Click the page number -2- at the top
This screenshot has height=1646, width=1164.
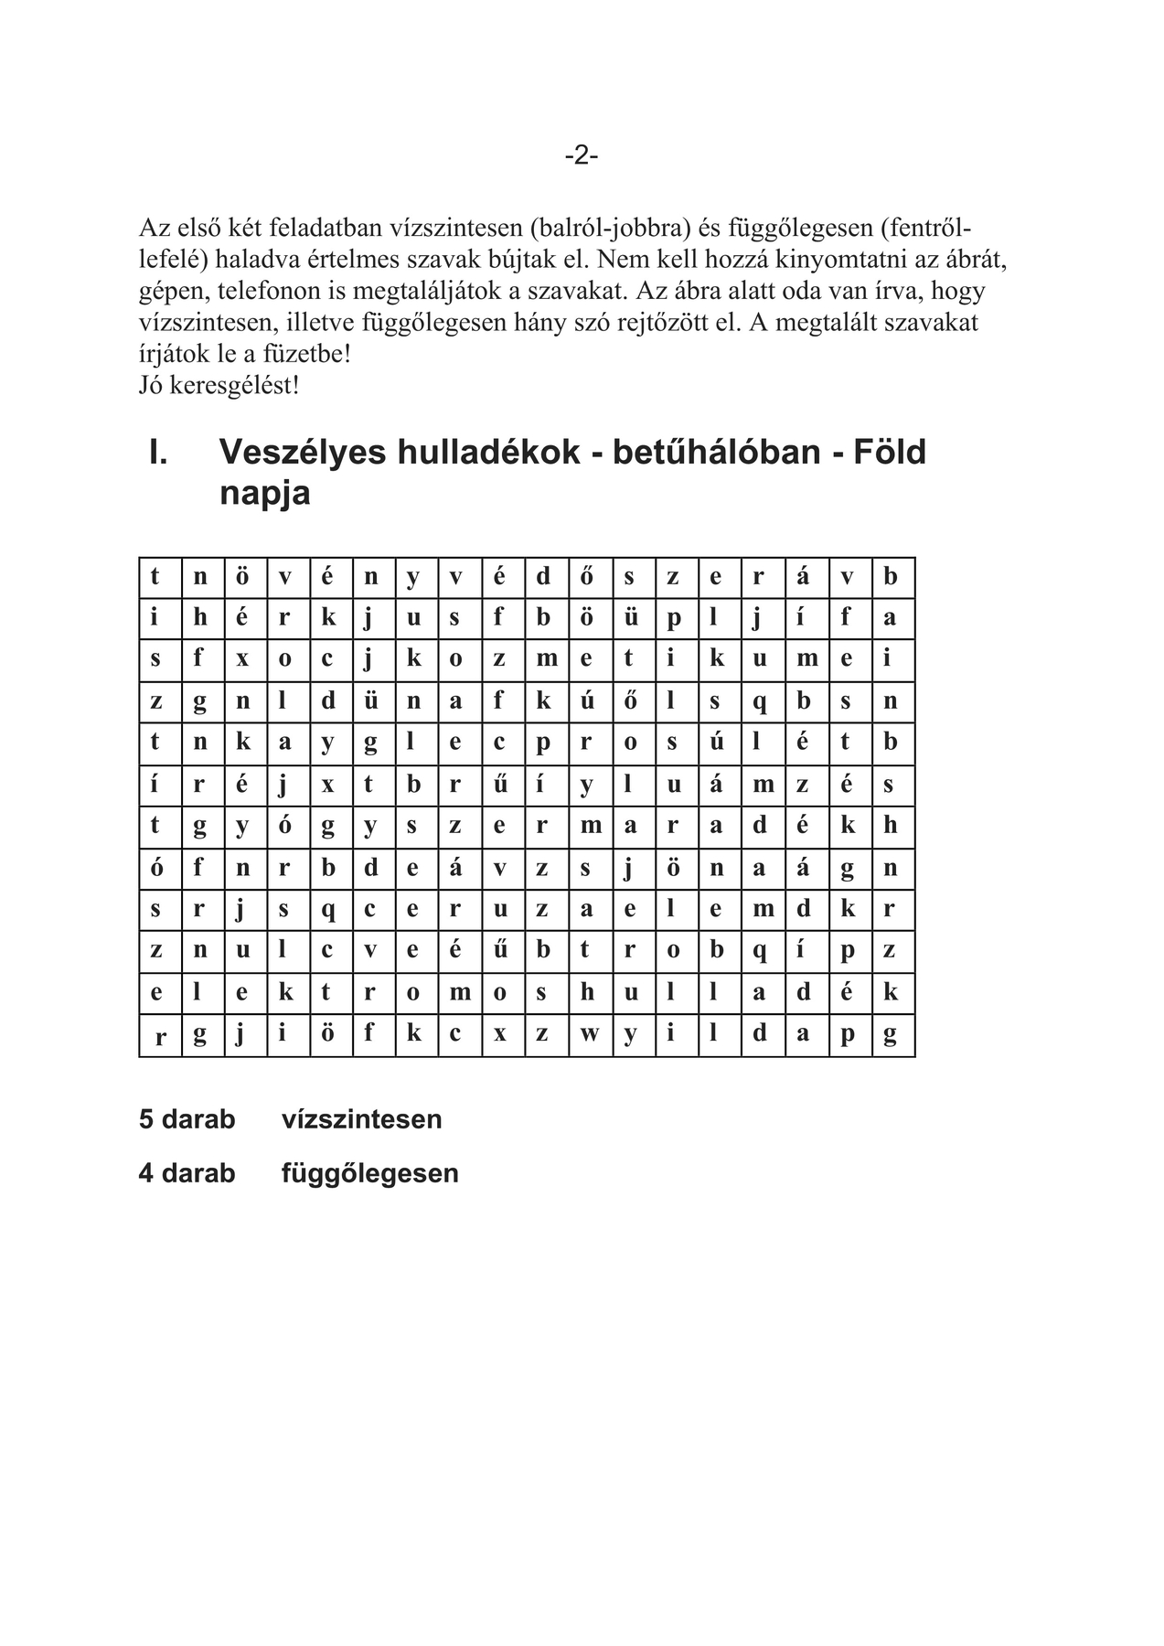[582, 155]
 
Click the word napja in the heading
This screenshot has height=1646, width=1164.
[265, 493]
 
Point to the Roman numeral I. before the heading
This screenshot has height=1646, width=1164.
[158, 452]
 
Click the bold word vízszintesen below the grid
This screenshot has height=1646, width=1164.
[361, 1119]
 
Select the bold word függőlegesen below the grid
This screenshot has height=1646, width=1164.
[369, 1173]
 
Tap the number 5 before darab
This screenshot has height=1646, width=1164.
[146, 1119]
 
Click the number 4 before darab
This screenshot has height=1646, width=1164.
[146, 1173]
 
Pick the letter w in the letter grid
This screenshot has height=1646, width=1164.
[589, 1035]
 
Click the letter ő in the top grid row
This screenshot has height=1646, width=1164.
[587, 577]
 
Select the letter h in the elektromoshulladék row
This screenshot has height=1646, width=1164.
[588, 992]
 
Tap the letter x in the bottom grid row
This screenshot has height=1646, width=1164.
[500, 1035]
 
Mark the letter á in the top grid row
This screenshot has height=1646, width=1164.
[803, 577]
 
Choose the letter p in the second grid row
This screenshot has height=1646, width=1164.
[673, 619]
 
